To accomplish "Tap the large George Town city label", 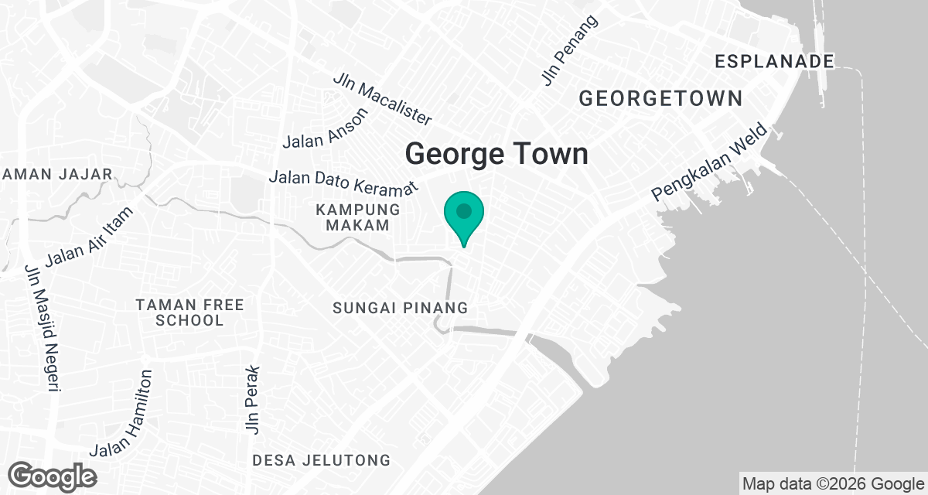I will coord(496,153).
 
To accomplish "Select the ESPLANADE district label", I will coord(775,61).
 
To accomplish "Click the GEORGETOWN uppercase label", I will coord(660,98).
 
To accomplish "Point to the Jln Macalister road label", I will coord(382,100).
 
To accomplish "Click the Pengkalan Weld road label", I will coord(710,162).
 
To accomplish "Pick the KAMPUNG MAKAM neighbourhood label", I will coord(357,217).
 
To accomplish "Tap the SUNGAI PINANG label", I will coord(400,308).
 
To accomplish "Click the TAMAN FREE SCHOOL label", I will coord(189,312).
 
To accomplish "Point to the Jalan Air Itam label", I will coord(90,235).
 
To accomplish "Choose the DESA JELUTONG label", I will coord(321,461).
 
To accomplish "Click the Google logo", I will coord(53,476).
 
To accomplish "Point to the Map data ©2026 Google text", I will coord(832,484).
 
